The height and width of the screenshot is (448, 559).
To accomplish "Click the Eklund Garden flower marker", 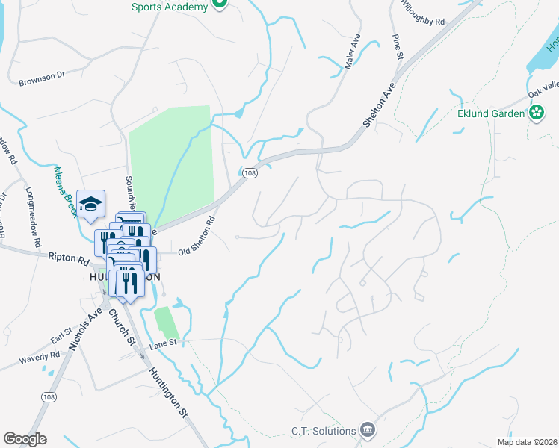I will [536, 113].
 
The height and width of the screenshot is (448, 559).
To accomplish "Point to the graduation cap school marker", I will [90, 203].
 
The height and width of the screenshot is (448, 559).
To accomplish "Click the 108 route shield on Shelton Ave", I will [250, 173].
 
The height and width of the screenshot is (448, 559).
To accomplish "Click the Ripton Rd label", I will [68, 258].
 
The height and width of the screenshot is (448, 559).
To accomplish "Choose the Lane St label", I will [161, 343].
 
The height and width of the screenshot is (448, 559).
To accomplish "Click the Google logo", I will [25, 439].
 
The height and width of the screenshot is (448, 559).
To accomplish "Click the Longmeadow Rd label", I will [33, 217].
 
